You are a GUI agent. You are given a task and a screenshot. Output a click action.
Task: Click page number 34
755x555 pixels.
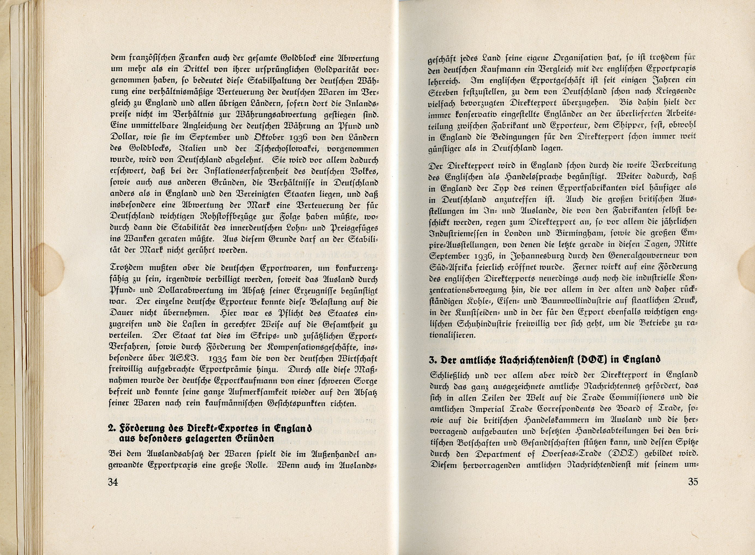click(x=113, y=483)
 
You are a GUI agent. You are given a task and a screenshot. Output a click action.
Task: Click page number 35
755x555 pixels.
click(x=693, y=481)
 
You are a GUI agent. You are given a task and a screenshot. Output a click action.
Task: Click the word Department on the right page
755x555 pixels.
click(x=501, y=454)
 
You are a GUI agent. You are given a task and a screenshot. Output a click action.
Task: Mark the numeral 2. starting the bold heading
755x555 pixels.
click(x=112, y=428)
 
